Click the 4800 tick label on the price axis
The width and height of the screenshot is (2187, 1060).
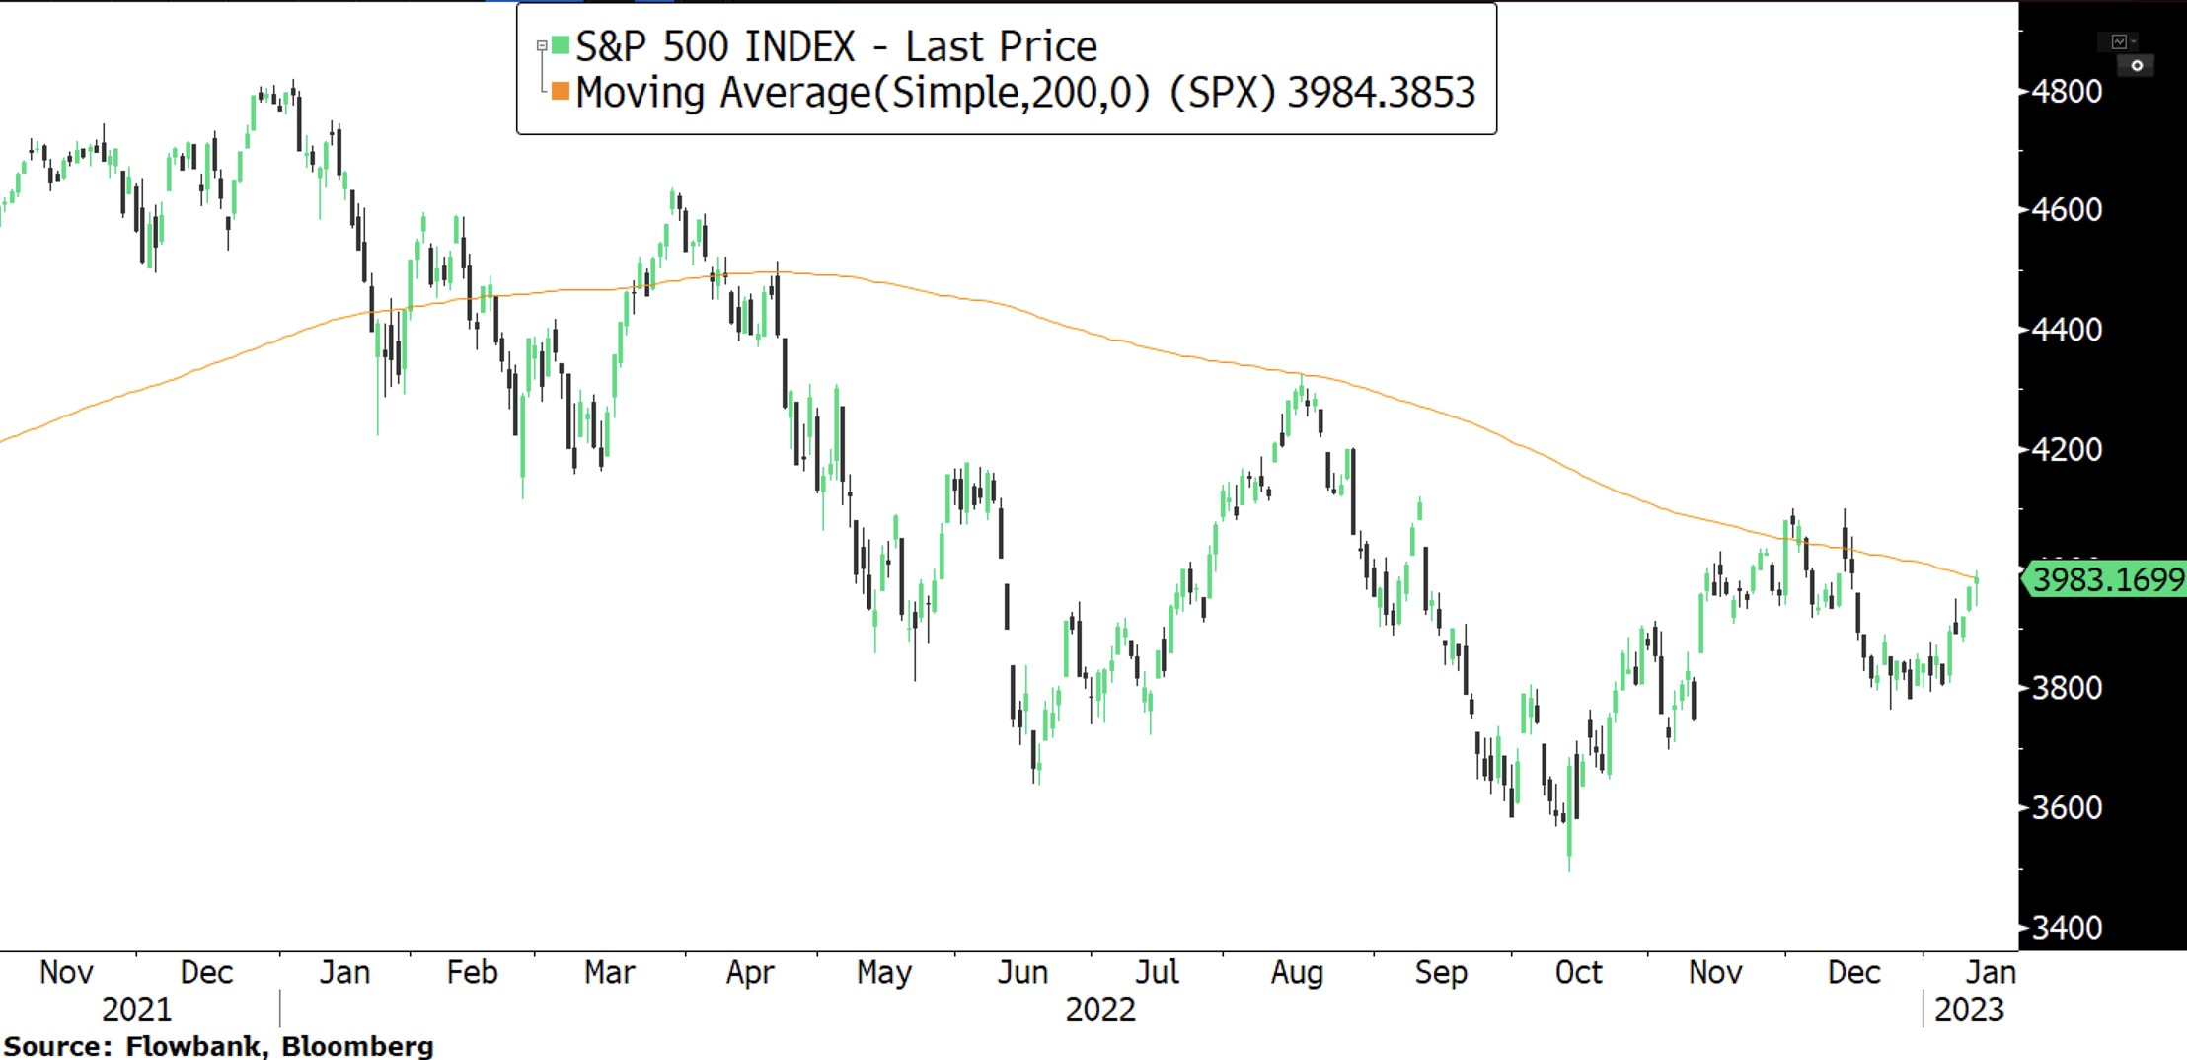pyautogui.click(x=2067, y=92)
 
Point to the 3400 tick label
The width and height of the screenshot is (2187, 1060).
pyautogui.click(x=2067, y=928)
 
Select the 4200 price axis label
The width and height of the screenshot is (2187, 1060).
pyautogui.click(x=2067, y=450)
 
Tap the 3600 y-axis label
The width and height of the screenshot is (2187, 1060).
pyautogui.click(x=2067, y=808)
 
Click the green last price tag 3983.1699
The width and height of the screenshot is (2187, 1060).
pyautogui.click(x=2108, y=579)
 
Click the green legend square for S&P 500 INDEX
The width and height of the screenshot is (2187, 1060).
pyautogui.click(x=561, y=45)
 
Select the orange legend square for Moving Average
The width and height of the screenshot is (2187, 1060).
pyautogui.click(x=561, y=92)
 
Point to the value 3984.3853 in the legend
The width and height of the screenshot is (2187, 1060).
pyautogui.click(x=1381, y=93)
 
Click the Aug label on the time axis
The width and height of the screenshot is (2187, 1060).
pyautogui.click(x=1297, y=973)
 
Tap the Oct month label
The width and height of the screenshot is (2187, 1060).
pyautogui.click(x=1578, y=973)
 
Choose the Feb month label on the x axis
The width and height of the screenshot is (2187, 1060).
pyautogui.click(x=472, y=973)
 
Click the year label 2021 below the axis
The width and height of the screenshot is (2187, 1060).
pyautogui.click(x=136, y=1010)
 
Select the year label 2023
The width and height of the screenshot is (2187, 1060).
pyautogui.click(x=1969, y=1010)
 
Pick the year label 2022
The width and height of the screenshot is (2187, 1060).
pyautogui.click(x=1100, y=1010)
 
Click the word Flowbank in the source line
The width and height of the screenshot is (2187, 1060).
pyautogui.click(x=195, y=1046)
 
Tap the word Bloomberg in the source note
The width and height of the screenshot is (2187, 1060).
pyautogui.click(x=357, y=1046)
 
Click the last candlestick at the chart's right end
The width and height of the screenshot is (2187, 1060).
pyautogui.click(x=1976, y=587)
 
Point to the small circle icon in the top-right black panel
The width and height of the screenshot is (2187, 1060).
pyautogui.click(x=2137, y=66)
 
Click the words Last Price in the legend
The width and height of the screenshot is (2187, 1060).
pyautogui.click(x=1001, y=46)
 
